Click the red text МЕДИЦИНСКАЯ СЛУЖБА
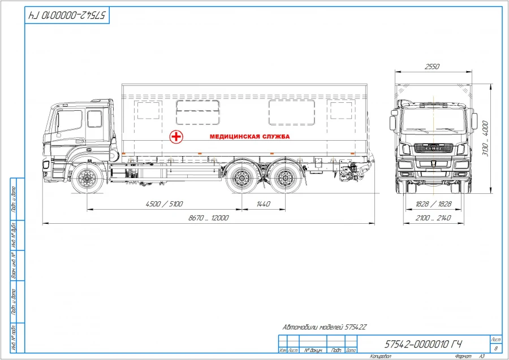(x=249, y=137)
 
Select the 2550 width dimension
(x=432, y=67)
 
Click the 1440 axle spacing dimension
(x=263, y=204)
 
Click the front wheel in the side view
(x=88, y=179)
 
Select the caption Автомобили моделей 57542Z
(x=325, y=328)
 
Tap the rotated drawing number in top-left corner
(x=67, y=15)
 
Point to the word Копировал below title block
(x=381, y=356)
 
